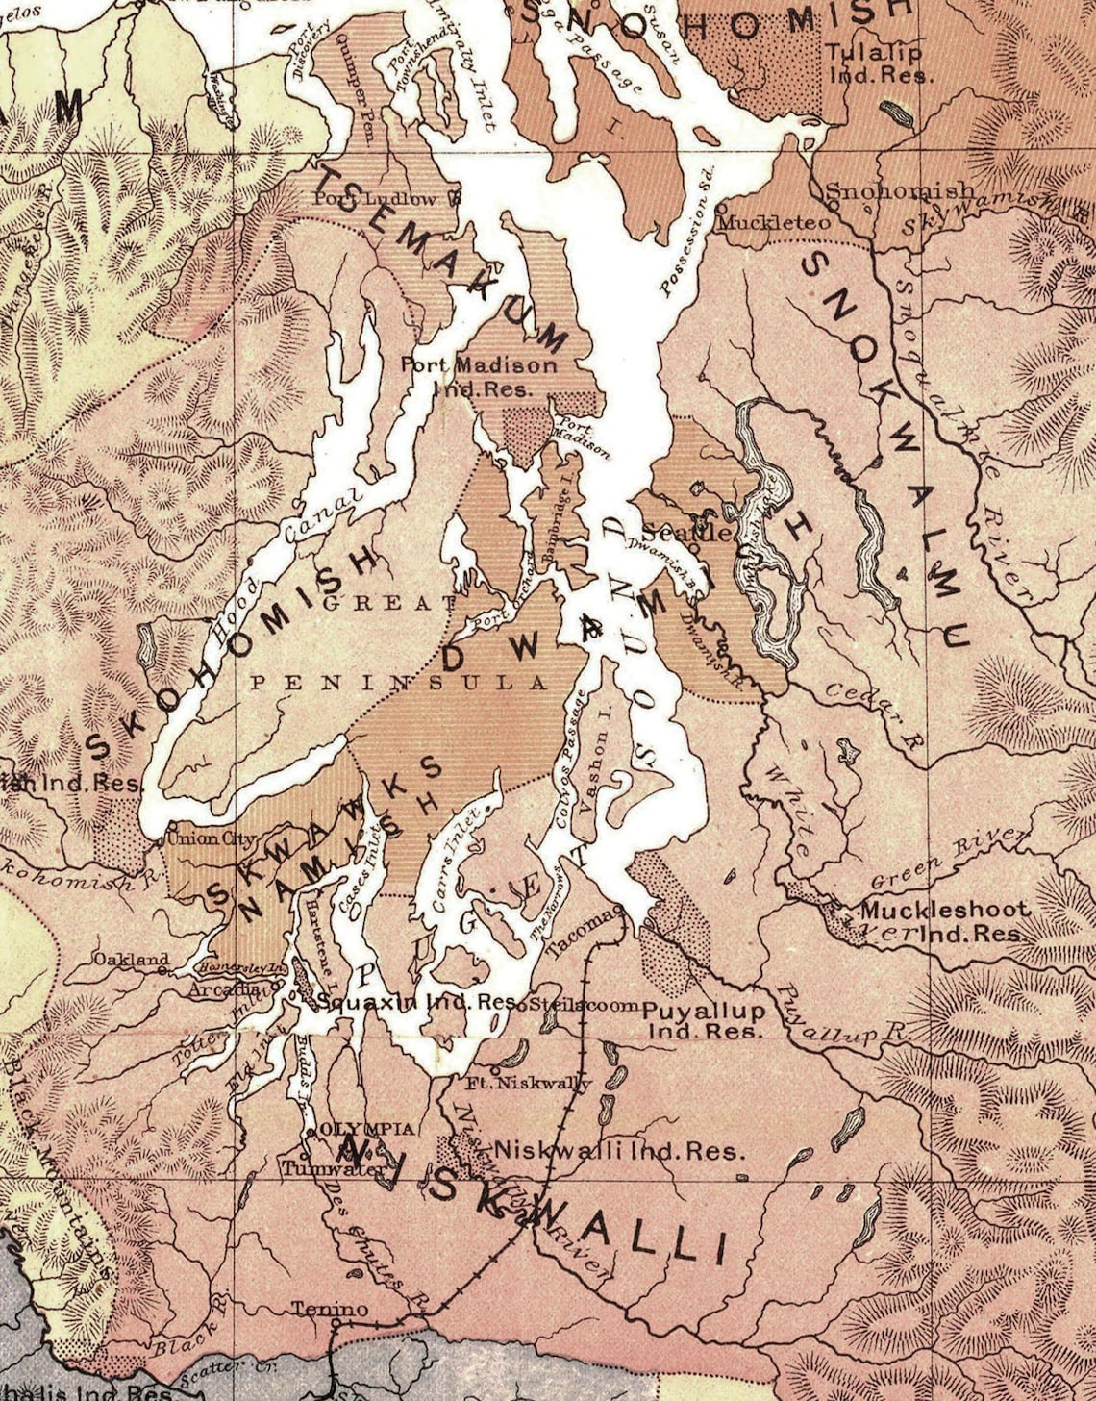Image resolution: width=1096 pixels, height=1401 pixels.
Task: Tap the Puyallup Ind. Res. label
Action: point(704,1020)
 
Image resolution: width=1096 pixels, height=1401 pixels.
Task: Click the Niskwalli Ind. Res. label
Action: point(619,1151)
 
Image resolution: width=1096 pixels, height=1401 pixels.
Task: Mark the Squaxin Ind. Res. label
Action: point(415,1001)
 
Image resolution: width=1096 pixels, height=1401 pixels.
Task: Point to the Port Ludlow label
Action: point(375,199)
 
